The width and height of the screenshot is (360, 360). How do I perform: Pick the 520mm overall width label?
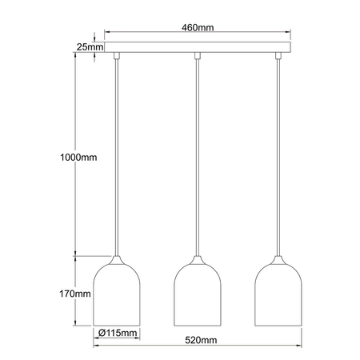click(x=197, y=339)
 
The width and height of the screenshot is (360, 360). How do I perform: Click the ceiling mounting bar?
click(x=198, y=46)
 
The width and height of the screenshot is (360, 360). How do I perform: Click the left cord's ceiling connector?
click(x=117, y=55)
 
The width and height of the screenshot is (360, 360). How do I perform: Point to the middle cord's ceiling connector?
click(x=198, y=55)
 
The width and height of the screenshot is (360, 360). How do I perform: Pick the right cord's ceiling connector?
click(x=278, y=55)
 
